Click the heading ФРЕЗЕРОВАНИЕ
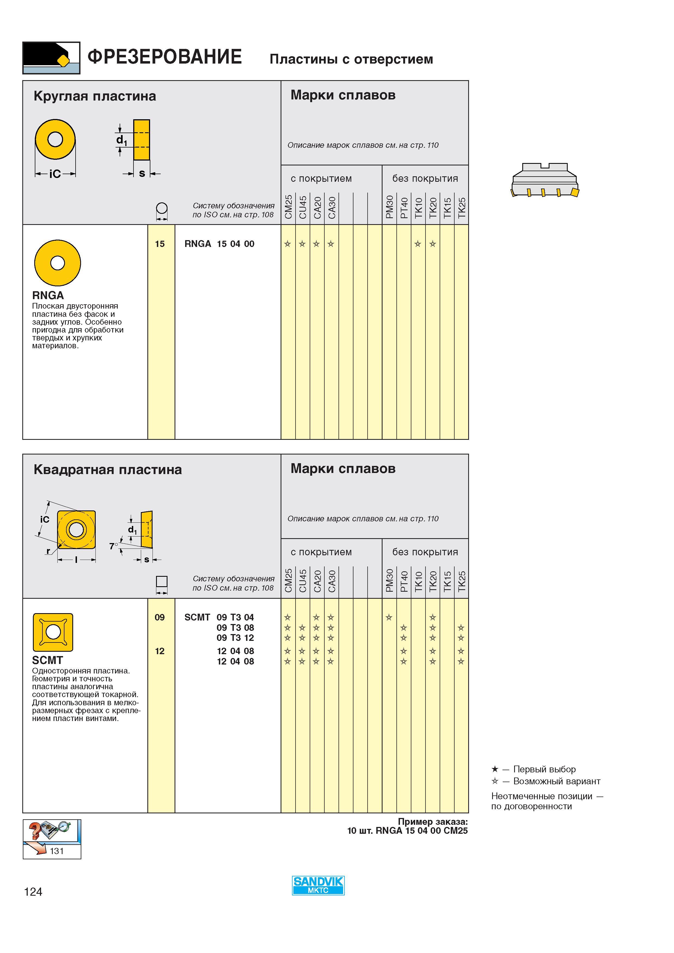click(x=165, y=57)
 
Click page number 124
click(x=33, y=892)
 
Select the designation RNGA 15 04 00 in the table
click(x=219, y=244)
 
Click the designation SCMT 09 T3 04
click(x=219, y=617)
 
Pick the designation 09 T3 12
click(x=235, y=638)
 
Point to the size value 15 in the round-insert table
click(x=160, y=244)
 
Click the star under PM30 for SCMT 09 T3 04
click(x=389, y=617)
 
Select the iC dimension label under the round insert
click(x=55, y=174)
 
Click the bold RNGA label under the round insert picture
click(x=48, y=296)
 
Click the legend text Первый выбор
click(x=544, y=769)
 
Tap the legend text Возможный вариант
click(x=557, y=781)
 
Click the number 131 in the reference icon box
click(x=57, y=851)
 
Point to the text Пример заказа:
click(x=433, y=822)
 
